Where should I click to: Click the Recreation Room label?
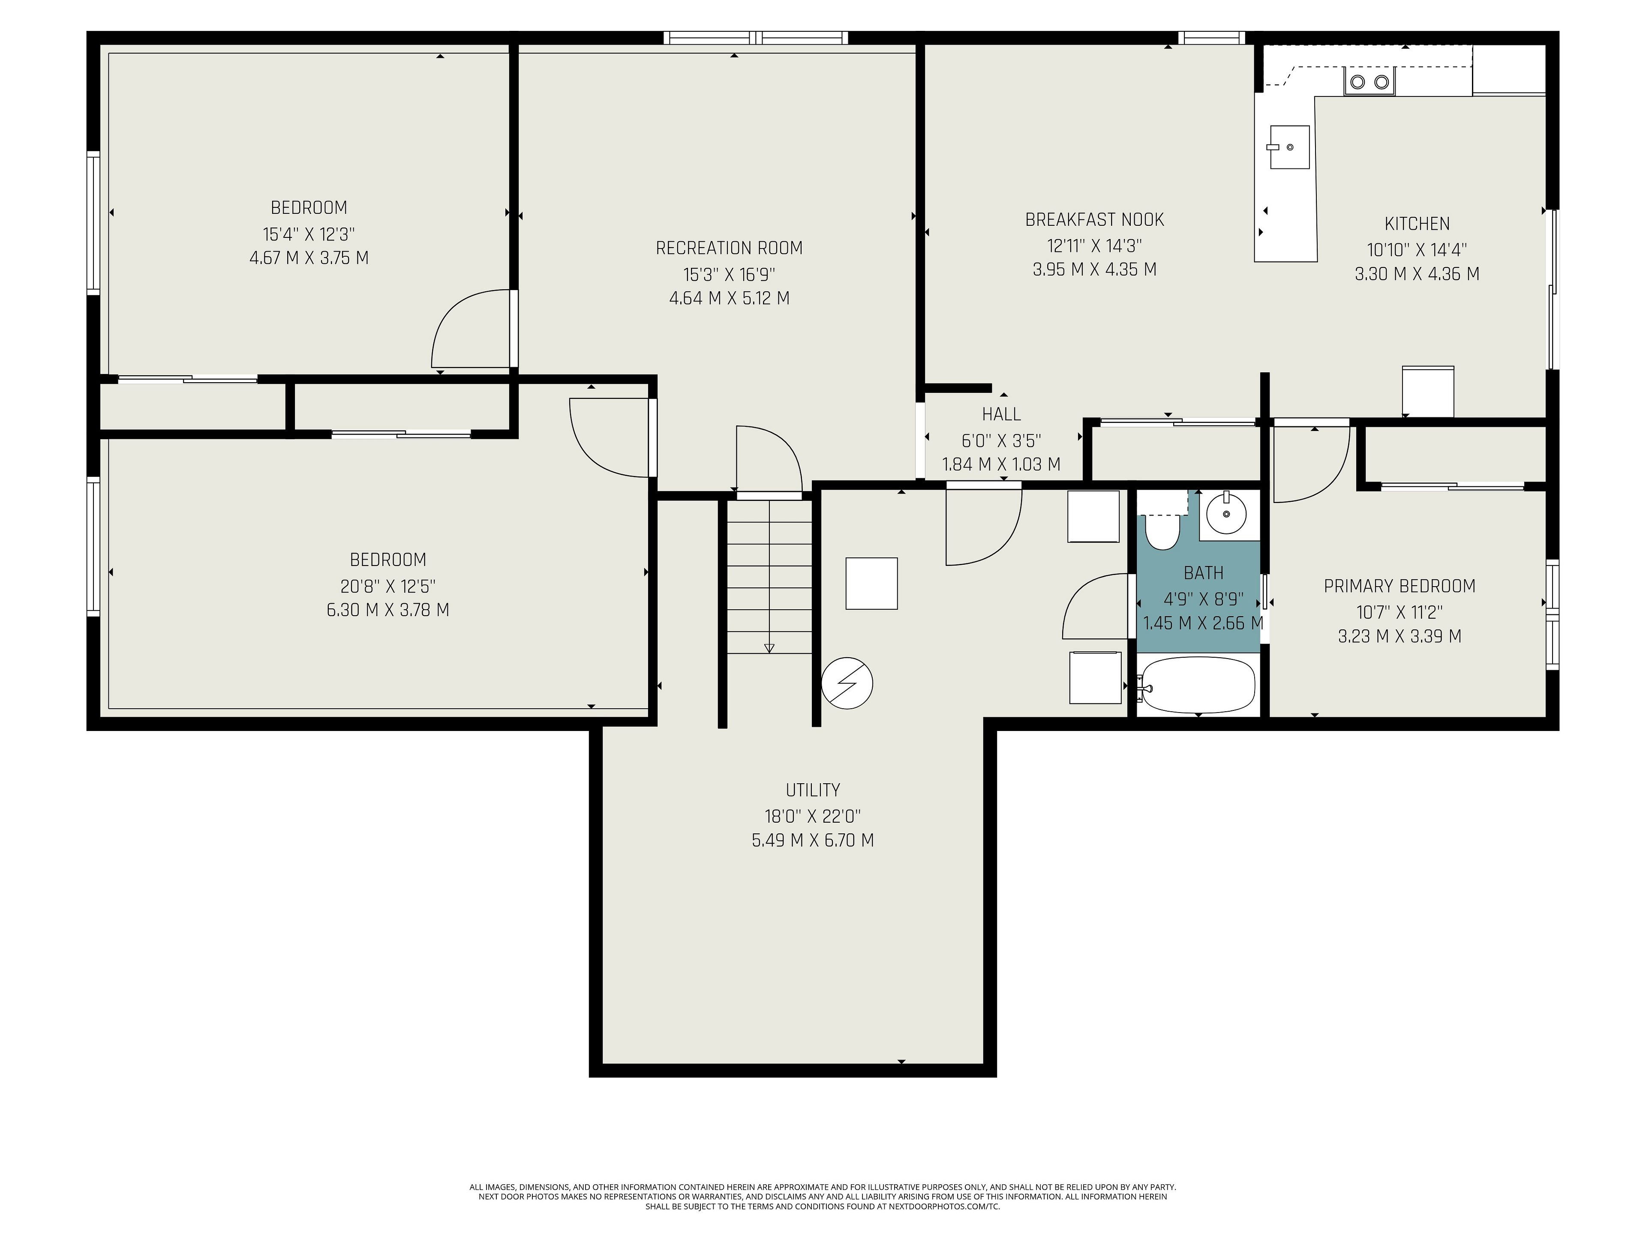tap(729, 248)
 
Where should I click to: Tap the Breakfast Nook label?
tap(1095, 219)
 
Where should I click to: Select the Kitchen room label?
tap(1417, 223)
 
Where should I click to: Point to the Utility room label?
tap(813, 790)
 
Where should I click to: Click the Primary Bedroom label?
tap(1400, 586)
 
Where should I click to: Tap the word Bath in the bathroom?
tap(1203, 573)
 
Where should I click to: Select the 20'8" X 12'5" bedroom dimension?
tap(387, 585)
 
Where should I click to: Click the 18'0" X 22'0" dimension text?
tap(813, 816)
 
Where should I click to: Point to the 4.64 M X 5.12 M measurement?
tap(729, 298)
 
